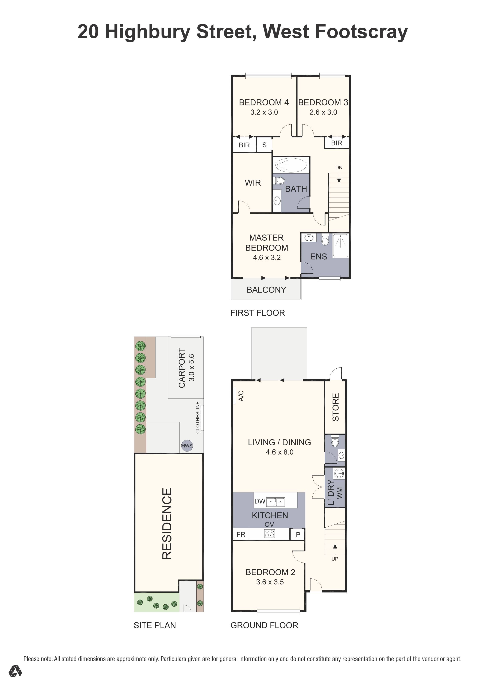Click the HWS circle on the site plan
click(187, 446)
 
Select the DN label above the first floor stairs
click(339, 168)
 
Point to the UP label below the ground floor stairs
click(335, 559)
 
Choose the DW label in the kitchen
click(260, 501)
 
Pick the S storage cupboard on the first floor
click(264, 145)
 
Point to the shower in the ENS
click(340, 245)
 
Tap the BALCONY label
click(266, 290)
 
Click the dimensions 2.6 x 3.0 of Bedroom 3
click(323, 112)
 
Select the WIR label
click(252, 183)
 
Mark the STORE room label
click(335, 407)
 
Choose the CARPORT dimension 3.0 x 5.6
click(192, 368)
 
